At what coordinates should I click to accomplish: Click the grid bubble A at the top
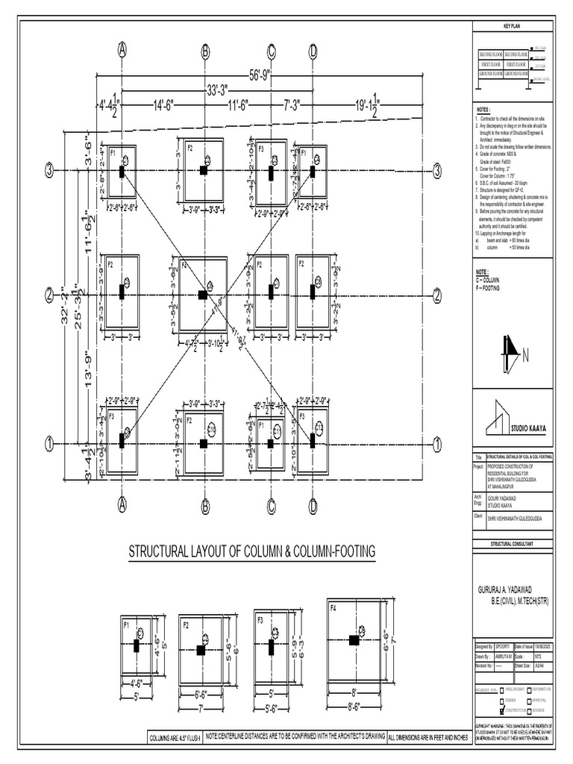122,50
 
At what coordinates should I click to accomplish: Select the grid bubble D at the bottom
313,506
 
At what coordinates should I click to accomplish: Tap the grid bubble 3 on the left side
50,171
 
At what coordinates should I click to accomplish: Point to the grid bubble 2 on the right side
437,295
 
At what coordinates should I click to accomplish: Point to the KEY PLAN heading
514,28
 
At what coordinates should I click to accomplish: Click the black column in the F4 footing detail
353,639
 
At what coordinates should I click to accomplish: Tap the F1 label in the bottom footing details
126,621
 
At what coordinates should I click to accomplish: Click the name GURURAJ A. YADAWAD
513,589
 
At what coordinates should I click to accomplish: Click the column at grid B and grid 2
203,295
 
